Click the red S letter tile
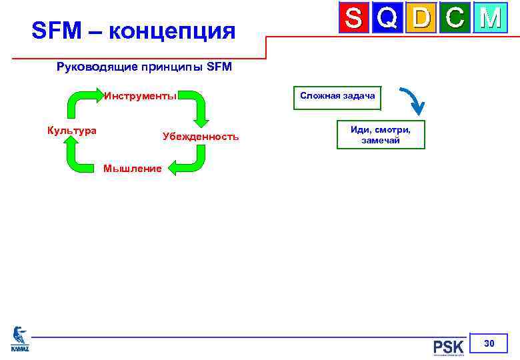click(354, 19)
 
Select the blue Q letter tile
click(387, 19)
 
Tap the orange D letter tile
click(421, 19)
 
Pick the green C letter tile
click(455, 19)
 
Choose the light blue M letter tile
click(489, 19)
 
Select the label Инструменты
click(140, 95)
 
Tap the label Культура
click(71, 130)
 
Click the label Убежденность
click(200, 136)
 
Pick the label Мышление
click(132, 169)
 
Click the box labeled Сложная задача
click(337, 96)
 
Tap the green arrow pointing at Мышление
click(190, 160)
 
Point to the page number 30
click(489, 343)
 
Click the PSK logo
click(448, 347)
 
